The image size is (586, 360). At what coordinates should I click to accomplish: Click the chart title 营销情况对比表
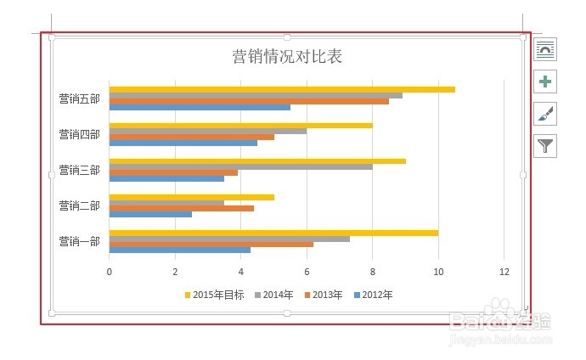tap(287, 57)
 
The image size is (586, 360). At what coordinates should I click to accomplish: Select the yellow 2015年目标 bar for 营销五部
tap(281, 89)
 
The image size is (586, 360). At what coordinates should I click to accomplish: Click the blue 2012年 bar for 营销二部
tap(150, 214)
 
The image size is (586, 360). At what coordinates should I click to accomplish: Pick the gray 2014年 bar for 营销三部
tap(240, 166)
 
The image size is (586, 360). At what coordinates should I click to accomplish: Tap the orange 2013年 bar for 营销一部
tap(211, 244)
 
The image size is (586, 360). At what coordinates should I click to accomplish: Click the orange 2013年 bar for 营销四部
tap(191, 137)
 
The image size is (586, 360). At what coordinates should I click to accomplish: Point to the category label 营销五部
tap(79, 98)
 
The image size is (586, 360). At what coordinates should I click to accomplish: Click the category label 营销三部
tap(79, 170)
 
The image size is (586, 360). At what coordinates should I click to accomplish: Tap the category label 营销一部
tap(79, 241)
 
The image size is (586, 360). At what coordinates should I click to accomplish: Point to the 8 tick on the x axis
tap(372, 272)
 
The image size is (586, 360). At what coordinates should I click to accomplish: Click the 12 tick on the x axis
tap(504, 272)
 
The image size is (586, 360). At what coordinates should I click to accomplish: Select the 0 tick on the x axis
tap(109, 272)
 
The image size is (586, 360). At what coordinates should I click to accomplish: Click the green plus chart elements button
tap(545, 82)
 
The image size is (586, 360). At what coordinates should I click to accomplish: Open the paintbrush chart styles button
tap(545, 114)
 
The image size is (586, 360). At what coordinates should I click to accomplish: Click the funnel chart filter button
tap(545, 146)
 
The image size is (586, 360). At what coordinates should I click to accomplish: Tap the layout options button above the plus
tap(545, 49)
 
